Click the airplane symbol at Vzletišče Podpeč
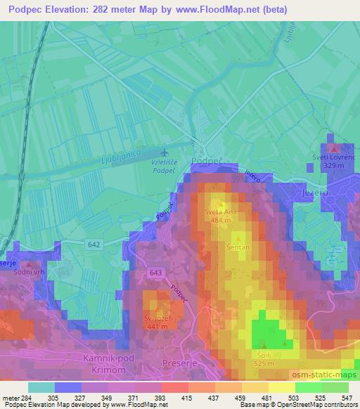(165, 152)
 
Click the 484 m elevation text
(220, 220)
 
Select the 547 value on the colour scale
(347, 398)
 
